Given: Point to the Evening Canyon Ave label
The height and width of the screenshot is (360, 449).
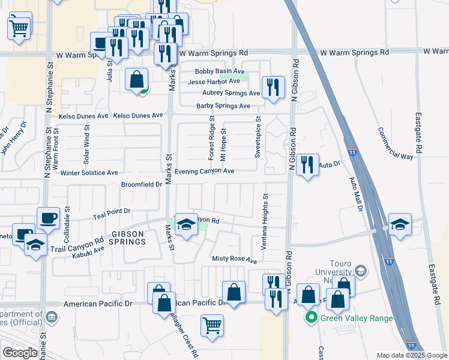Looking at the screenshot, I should [204, 171].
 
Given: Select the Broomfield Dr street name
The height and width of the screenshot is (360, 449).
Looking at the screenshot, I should [142, 185].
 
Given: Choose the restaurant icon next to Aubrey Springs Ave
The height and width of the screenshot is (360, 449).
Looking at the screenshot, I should [274, 86].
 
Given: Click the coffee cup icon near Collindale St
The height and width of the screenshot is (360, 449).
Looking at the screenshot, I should [48, 218].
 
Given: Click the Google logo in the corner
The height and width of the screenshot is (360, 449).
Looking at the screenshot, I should [20, 353].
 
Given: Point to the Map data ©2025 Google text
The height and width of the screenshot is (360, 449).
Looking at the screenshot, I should [411, 355].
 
